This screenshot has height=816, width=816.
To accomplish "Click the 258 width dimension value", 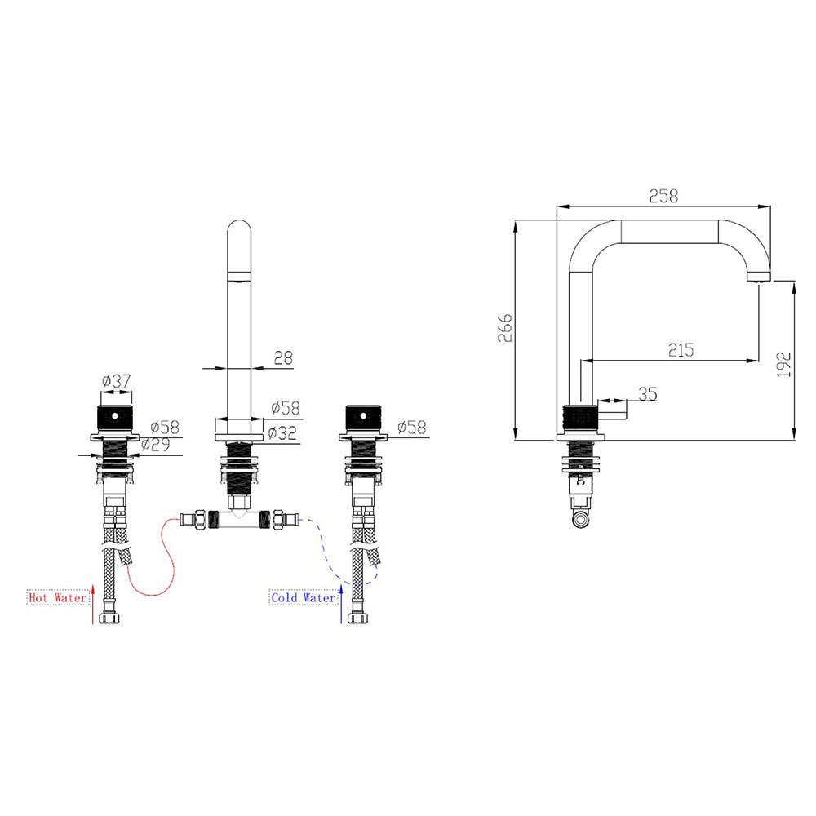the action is click(663, 196).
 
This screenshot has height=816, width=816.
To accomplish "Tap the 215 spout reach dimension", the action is click(681, 350).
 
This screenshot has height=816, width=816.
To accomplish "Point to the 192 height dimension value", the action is click(783, 364).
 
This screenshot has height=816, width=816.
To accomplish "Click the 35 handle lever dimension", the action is click(647, 394).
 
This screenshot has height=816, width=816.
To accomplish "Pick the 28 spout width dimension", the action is click(283, 357).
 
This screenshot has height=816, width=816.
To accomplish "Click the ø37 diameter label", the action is click(117, 381).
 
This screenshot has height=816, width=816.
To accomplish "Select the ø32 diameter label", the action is click(282, 432).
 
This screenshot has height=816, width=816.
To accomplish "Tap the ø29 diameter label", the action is click(156, 445).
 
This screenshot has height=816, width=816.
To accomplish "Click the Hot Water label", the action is click(57, 597).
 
